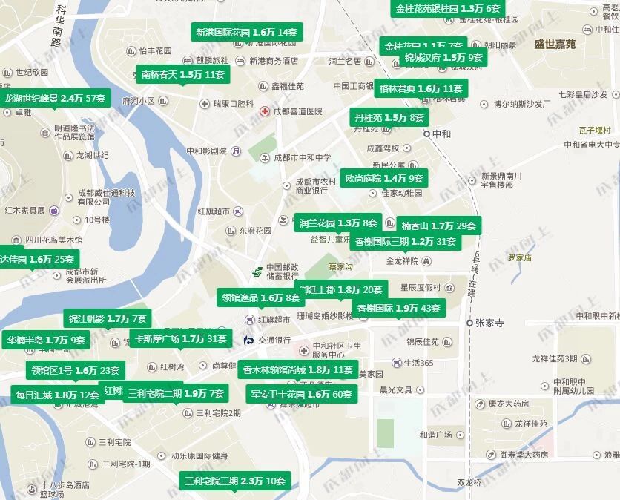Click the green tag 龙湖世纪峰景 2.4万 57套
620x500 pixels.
pyautogui.click(x=54, y=99)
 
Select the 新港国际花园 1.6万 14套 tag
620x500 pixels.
pyautogui.click(x=246, y=33)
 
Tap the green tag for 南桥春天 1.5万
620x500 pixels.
pyautogui.click(x=182, y=75)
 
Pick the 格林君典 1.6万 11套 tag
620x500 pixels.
pyautogui.click(x=421, y=88)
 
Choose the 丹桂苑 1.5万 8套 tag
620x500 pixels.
pyautogui.click(x=389, y=118)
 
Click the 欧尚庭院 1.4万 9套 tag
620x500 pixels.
pyautogui.click(x=383, y=179)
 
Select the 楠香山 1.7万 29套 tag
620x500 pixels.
pyautogui.click(x=438, y=226)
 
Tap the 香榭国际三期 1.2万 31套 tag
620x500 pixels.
pyautogui.click(x=405, y=241)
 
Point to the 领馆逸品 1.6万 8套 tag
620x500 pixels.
pyautogui.click(x=261, y=297)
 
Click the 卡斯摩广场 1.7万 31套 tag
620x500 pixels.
pyautogui.click(x=180, y=339)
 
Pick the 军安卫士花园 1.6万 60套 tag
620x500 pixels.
pyautogui.click(x=301, y=394)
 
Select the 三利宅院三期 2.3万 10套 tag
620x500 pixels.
pyautogui.click(x=235, y=481)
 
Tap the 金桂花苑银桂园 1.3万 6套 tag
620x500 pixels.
pyautogui.click(x=448, y=9)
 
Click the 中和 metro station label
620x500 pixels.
pyautogui.click(x=441, y=134)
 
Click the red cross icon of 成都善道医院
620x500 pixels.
pyautogui.click(x=264, y=111)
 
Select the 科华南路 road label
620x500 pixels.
pyautogui.click(x=59, y=26)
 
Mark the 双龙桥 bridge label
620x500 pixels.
pyautogui.click(x=469, y=482)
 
